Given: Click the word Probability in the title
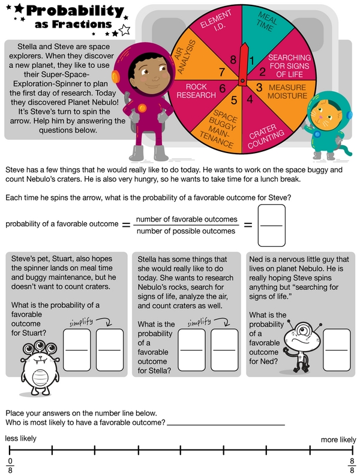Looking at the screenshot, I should [74, 11].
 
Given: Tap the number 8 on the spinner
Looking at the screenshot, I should [233, 59].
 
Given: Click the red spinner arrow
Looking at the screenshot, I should [243, 63].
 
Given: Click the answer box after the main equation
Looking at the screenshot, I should [272, 226].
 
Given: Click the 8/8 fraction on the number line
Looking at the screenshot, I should [352, 465].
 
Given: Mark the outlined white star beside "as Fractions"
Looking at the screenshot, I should [125, 29].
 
